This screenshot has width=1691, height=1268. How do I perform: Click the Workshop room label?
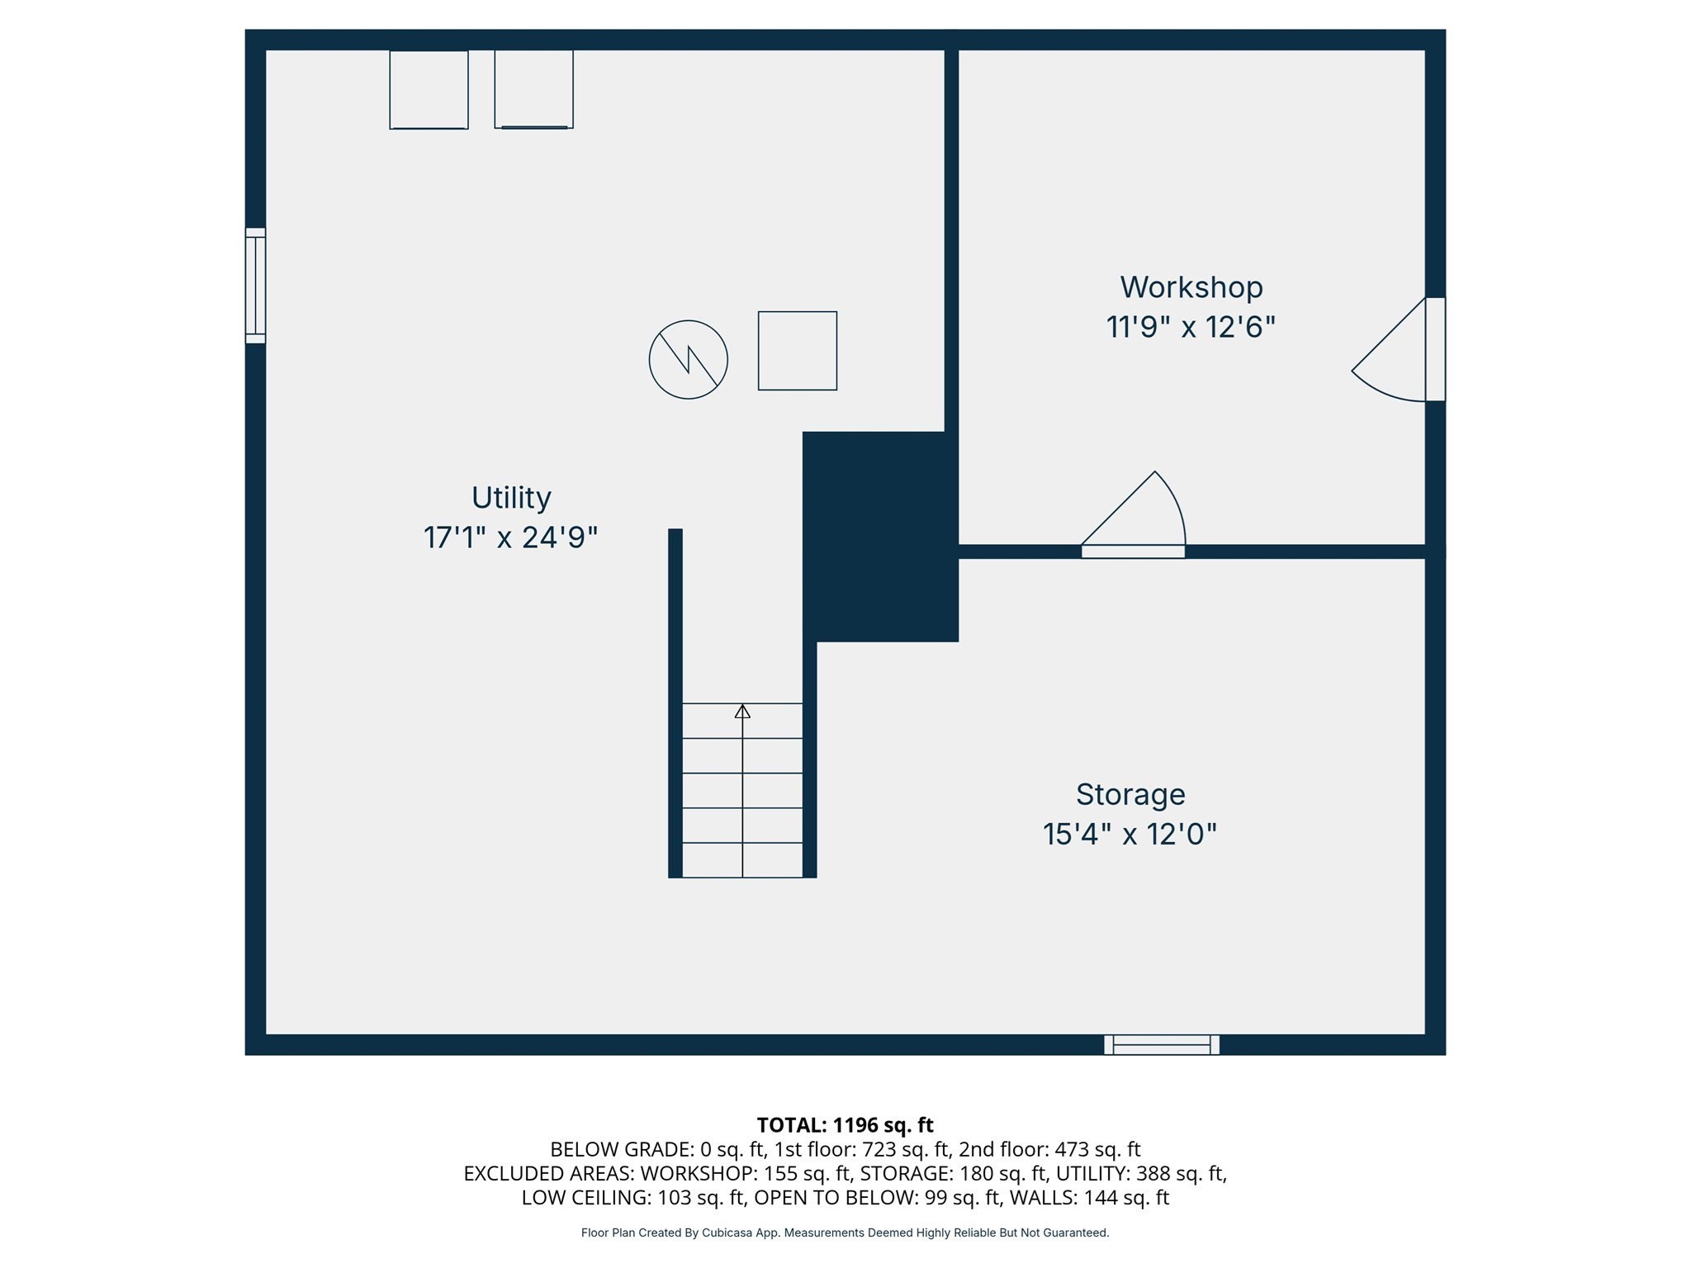coord(1191,287)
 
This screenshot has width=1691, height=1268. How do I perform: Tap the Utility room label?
coord(511,498)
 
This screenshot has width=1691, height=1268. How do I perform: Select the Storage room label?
coord(1130,794)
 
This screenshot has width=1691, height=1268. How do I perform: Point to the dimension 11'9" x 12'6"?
coord(1191,328)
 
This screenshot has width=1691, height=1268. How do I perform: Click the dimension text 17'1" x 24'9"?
coord(510,538)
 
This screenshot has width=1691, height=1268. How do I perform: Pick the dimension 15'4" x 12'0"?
coord(1130,835)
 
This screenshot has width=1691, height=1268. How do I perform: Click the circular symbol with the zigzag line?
coord(688,360)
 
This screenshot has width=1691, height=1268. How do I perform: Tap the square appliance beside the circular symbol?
coord(797,351)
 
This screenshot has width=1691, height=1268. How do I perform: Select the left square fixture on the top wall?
coord(429,89)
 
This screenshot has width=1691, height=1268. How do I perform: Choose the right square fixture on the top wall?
coord(533,89)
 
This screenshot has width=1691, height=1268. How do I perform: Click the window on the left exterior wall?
coord(255,286)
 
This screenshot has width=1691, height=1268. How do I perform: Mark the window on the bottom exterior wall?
coord(1161,1044)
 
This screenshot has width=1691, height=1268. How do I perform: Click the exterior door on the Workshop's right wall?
coord(1435,349)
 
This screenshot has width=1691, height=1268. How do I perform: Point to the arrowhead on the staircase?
coord(742,711)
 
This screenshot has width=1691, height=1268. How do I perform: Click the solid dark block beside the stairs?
coord(880,537)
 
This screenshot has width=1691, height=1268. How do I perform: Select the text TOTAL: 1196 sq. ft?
coord(845,1125)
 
